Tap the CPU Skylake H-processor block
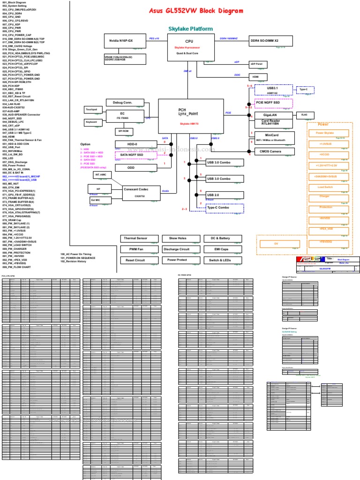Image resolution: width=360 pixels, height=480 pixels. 189,47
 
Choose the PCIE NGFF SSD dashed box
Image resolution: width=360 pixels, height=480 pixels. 273,103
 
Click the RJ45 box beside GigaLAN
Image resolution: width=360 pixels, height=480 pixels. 304,115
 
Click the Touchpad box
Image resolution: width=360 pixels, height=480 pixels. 91,110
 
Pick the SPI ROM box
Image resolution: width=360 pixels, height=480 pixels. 123,131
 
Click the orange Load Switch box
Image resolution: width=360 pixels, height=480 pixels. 325,187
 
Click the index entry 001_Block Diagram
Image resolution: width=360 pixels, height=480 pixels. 15,2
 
